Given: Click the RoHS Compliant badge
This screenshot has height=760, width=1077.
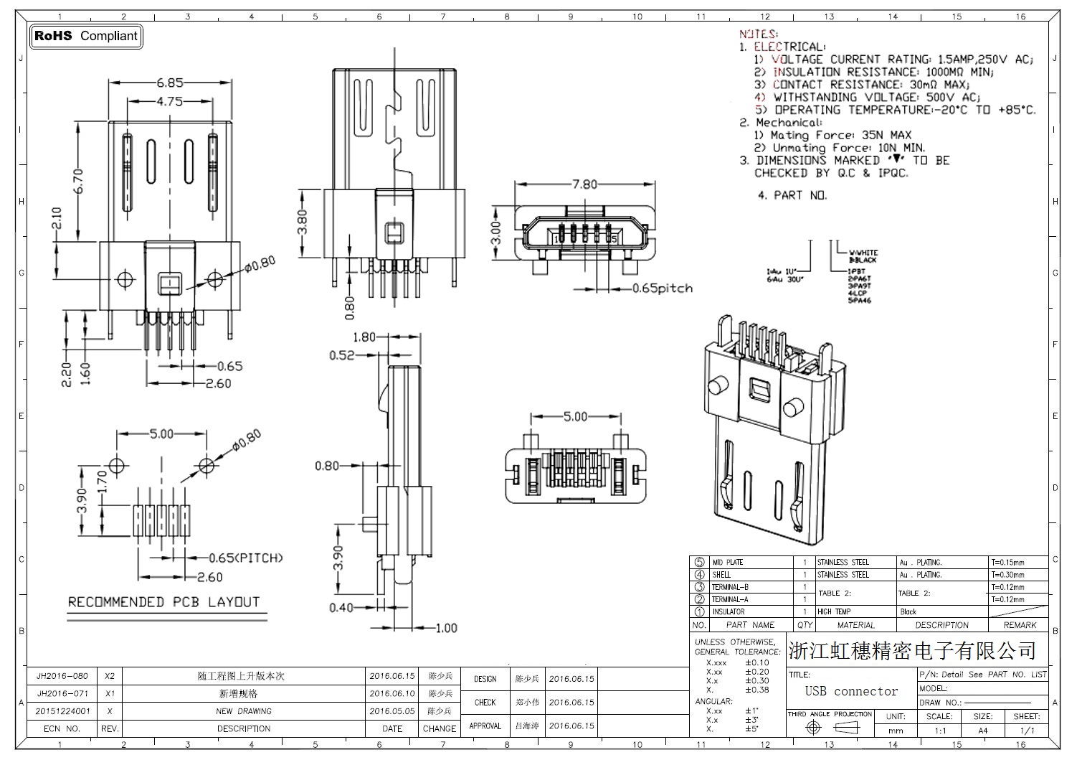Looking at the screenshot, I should (x=85, y=36).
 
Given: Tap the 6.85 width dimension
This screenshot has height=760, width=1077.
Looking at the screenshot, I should (x=170, y=83).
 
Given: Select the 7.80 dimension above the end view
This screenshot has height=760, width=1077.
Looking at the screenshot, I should (x=584, y=184).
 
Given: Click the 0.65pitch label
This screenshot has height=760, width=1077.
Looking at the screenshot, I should (x=662, y=288).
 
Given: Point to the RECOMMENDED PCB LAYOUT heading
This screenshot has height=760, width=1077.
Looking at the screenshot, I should (x=163, y=602).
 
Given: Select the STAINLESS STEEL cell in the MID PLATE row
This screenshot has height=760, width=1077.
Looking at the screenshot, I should (x=843, y=563).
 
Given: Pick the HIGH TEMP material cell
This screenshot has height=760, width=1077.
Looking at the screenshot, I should (x=834, y=612).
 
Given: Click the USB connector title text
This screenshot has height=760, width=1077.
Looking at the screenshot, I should (x=851, y=691).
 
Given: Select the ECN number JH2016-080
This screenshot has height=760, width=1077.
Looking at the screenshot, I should (x=62, y=676).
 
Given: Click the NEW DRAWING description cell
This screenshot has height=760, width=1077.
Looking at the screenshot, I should (x=244, y=711).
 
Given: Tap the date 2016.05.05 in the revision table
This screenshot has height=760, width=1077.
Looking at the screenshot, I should (x=392, y=711).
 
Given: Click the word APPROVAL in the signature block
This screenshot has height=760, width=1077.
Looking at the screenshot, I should (x=485, y=726).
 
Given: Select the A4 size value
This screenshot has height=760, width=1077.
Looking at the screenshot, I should (x=982, y=731).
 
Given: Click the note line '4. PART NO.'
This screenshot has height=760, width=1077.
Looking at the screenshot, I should (x=792, y=195).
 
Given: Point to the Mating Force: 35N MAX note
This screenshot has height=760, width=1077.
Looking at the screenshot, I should (x=840, y=135).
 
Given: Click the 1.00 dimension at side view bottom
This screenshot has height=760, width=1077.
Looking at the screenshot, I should (x=445, y=628).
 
